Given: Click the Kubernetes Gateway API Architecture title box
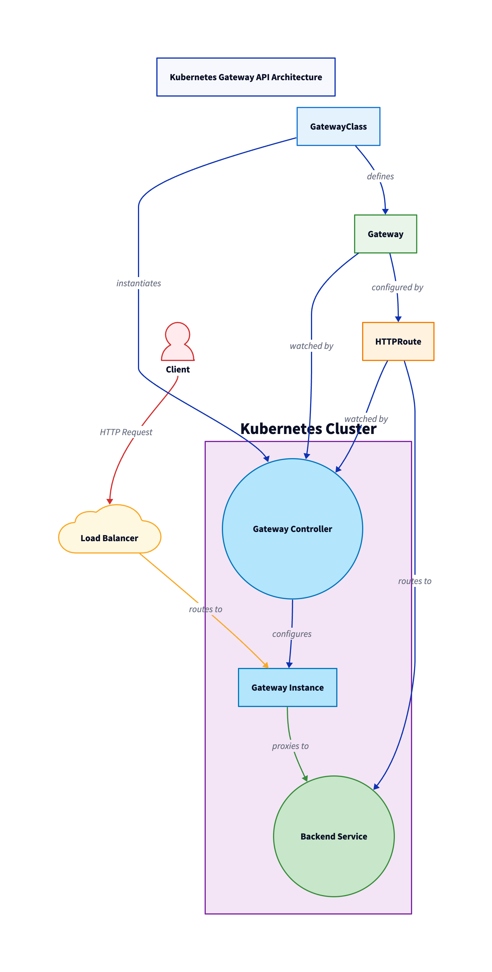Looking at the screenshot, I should tap(246, 77).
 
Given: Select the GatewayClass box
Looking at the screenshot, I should tap(338, 126).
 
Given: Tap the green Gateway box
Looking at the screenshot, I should tap(385, 234).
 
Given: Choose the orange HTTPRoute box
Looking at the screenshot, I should tap(398, 341).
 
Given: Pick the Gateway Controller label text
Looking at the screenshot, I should tap(292, 529).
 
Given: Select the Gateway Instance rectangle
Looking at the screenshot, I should tap(287, 687).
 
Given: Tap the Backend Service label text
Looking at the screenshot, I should tap(334, 837).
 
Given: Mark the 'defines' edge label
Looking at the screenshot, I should tap(380, 176).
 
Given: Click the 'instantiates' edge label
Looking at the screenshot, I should tap(139, 283).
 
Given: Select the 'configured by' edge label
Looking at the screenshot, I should tap(397, 287).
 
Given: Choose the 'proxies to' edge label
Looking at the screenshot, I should tap(290, 746).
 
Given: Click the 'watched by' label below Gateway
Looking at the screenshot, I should tap(311, 346).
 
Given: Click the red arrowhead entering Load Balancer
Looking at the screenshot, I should tap(109, 502).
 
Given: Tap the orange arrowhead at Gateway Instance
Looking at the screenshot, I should tap(266, 665).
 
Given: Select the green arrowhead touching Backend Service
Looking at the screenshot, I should tap(305, 778).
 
